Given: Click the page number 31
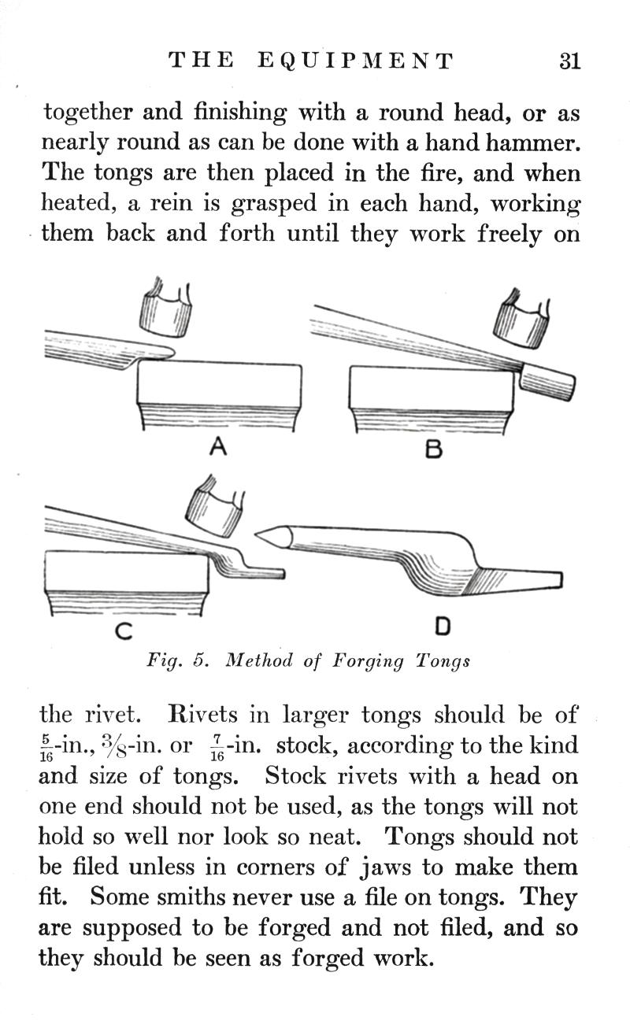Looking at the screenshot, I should [570, 61].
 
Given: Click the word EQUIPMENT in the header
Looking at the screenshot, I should [356, 61].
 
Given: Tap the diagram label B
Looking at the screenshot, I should [433, 449].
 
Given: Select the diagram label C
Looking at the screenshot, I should [124, 630].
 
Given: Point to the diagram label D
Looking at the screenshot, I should [442, 627].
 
